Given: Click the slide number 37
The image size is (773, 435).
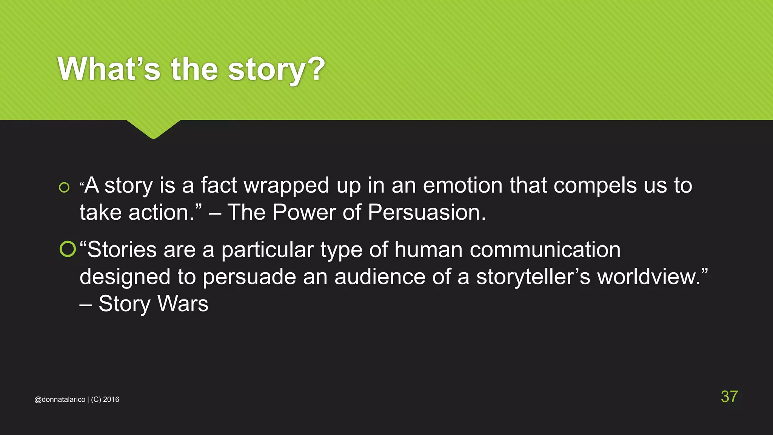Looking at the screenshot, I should click(x=729, y=396).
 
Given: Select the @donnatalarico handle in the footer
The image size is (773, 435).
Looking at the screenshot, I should click(x=60, y=400).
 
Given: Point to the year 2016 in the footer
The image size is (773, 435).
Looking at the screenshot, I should click(x=111, y=400).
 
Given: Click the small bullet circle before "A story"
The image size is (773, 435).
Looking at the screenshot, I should click(x=64, y=187).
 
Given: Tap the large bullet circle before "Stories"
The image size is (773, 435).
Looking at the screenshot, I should click(x=68, y=249).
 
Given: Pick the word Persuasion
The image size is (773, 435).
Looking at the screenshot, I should click(x=426, y=213).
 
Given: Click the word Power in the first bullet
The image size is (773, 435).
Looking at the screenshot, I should click(x=304, y=213).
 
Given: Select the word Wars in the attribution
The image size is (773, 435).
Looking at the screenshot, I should click(x=183, y=304).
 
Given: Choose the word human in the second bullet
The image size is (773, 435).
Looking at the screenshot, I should click(x=428, y=250).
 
